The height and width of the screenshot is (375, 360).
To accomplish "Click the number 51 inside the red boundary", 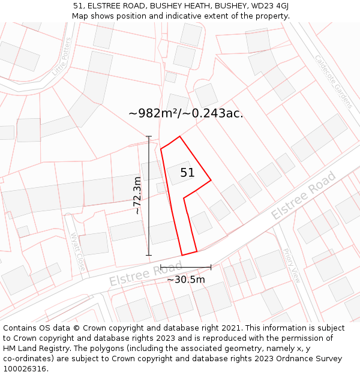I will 187,173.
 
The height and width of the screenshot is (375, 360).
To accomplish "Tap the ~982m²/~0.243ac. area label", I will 186,113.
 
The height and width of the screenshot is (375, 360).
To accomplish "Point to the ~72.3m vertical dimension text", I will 137,196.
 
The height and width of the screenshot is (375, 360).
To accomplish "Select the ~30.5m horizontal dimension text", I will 185,279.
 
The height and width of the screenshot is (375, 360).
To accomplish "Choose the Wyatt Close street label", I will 78,251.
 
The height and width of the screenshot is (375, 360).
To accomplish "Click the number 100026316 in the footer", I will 25,368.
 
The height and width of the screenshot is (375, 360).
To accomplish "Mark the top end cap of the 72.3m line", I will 149,137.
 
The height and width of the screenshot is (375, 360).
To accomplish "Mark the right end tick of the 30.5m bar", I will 211,267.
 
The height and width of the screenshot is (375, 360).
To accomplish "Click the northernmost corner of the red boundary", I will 179,136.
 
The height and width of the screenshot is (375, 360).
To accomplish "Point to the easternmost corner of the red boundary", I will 211,179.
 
